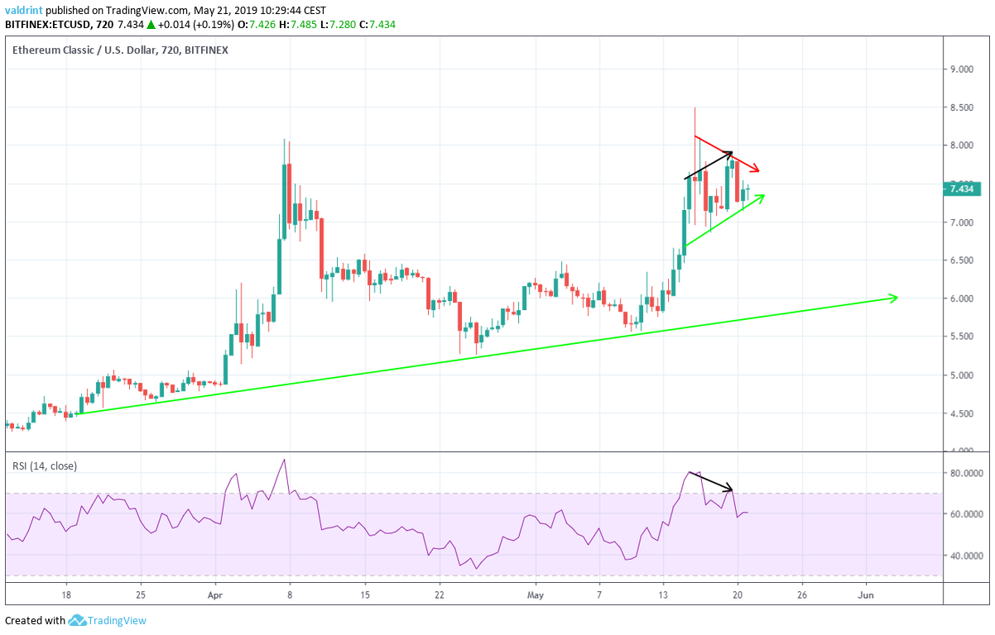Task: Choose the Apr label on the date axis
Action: pyautogui.click(x=215, y=594)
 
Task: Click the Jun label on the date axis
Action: pyautogui.click(x=866, y=594)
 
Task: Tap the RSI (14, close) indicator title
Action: pyautogui.click(x=45, y=466)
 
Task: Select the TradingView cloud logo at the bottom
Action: pyautogui.click(x=78, y=620)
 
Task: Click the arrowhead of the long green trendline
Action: pyautogui.click(x=894, y=297)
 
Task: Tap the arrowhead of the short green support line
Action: pyautogui.click(x=761, y=196)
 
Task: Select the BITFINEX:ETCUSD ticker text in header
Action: pyautogui.click(x=50, y=25)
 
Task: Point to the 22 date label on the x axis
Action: pyautogui.click(x=440, y=594)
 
